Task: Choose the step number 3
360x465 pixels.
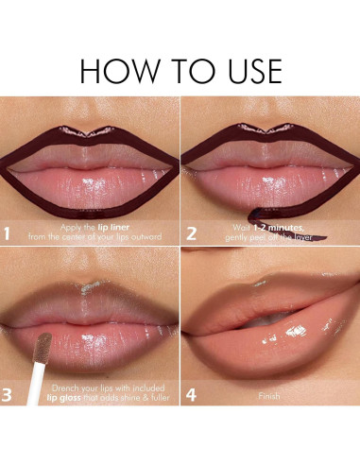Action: [9, 392]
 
